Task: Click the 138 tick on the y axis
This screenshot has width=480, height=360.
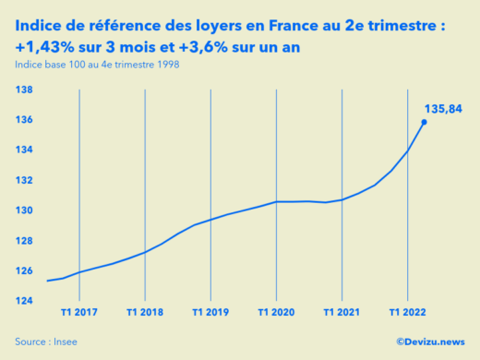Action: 25,90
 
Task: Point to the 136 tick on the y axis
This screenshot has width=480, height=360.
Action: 25,120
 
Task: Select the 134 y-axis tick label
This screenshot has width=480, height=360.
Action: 25,150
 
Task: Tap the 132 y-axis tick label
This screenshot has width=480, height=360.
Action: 25,180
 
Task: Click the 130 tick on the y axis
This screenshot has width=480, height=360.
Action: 25,210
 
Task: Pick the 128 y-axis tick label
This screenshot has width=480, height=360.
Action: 25,241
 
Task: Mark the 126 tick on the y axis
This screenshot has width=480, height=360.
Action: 25,270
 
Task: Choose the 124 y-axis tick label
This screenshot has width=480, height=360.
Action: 25,301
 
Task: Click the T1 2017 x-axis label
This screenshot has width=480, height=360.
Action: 79,312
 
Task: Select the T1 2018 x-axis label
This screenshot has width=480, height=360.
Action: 145,312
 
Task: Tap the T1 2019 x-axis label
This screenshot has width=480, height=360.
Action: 210,312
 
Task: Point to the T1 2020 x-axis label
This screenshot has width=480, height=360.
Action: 276,312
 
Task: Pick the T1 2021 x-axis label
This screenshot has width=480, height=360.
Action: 342,312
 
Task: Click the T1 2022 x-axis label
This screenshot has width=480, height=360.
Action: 407,312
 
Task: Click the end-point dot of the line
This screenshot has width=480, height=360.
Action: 425,122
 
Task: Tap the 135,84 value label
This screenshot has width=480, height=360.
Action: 442,109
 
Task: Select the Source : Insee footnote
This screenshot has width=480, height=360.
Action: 46,341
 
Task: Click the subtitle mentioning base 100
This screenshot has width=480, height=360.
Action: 97,64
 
